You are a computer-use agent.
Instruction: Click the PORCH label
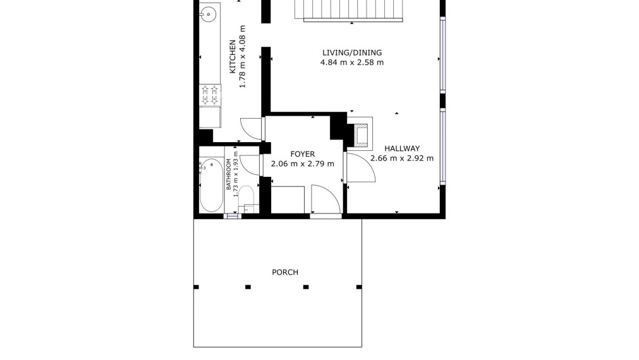[x=285, y=272]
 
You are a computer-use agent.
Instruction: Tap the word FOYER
[x=302, y=154]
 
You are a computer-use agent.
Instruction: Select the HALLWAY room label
[x=402, y=148]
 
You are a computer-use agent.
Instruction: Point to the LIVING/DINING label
[x=352, y=52]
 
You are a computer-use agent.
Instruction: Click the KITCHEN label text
[x=233, y=56]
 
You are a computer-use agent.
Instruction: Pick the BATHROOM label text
[x=228, y=174]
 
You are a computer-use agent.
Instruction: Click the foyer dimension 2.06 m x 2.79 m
[x=302, y=164]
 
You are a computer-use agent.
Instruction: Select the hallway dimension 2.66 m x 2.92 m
[x=402, y=159]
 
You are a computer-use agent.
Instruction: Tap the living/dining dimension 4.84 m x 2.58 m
[x=352, y=63]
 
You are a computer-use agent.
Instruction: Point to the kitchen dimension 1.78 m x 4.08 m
[x=243, y=56]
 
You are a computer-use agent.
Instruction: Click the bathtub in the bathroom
[x=212, y=185]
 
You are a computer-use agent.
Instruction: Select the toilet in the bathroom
[x=246, y=200]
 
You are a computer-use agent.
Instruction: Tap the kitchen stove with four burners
[x=210, y=95]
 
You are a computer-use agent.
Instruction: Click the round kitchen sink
[x=208, y=15]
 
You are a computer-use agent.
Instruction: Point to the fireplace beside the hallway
[x=361, y=133]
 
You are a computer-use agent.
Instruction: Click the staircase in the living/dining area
[x=349, y=9]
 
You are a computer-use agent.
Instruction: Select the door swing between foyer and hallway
[x=360, y=167]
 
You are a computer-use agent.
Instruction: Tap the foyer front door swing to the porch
[x=326, y=199]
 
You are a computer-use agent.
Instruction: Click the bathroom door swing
[x=250, y=165]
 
